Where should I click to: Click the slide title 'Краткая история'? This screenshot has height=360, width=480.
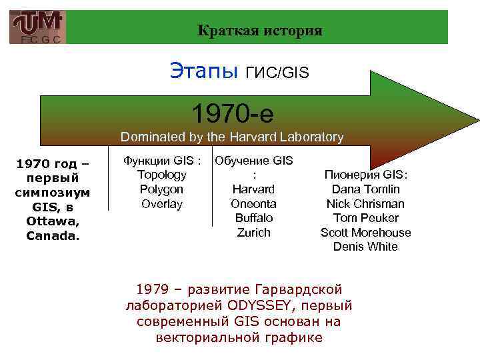point(260,31)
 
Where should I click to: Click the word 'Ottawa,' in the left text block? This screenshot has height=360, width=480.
point(53,221)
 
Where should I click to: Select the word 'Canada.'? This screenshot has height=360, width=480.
point(53,236)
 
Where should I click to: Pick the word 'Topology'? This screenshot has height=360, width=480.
point(161,175)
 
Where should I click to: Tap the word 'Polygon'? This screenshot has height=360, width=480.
point(161,189)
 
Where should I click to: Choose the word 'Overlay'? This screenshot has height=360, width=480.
point(161,204)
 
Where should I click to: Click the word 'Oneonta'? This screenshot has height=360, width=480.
point(253,204)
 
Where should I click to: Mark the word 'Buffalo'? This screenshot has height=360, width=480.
point(253,218)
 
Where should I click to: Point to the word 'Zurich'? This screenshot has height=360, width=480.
point(253,233)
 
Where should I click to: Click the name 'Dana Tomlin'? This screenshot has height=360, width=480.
point(365,189)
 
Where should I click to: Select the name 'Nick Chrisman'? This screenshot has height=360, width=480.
point(365,204)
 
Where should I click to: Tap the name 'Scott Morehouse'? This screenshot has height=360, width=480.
point(365,233)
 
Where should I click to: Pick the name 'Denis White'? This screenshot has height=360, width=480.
point(365,247)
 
